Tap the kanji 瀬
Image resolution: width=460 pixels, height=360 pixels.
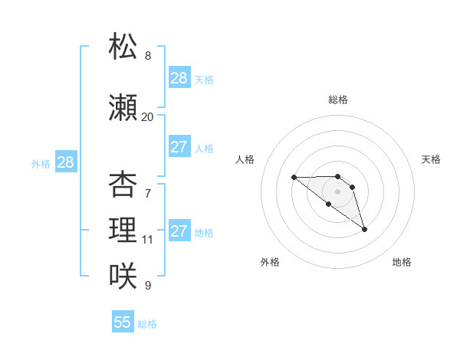coord(123,108)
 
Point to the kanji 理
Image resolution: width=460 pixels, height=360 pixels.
coord(123,229)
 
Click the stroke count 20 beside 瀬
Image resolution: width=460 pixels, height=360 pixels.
coord(147,116)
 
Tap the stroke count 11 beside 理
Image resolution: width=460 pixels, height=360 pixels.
coord(147,239)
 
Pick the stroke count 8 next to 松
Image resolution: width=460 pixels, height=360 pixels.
coord(147,55)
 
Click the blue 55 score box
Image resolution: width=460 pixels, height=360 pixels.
coord(123,322)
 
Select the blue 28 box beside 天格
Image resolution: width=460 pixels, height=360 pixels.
coord(179,78)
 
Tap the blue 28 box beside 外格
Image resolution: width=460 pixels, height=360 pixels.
coord(65,162)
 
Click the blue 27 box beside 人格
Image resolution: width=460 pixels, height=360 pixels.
coord(179,147)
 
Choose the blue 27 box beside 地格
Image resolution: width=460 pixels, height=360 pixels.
coord(179,231)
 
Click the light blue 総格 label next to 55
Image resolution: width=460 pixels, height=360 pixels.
coord(147,324)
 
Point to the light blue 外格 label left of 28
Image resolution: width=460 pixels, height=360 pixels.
coord(41,163)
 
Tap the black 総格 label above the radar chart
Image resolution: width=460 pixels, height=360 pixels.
coord(338,100)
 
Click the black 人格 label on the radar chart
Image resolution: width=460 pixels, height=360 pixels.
coord(245,159)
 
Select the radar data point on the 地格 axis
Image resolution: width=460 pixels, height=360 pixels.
coord(364,229)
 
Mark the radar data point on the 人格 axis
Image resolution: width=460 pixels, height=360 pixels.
coord(294,178)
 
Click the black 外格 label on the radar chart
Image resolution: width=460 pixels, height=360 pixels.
coord(270,262)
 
